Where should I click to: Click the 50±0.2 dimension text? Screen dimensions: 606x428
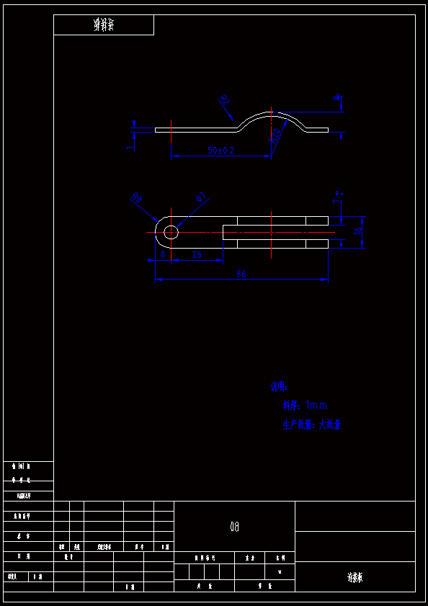click(221, 151)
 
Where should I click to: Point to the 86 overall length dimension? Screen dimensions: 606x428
click(241, 275)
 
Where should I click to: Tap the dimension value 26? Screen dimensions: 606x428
click(197, 254)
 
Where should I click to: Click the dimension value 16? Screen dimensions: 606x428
click(358, 231)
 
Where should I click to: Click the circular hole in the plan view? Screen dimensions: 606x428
click(171, 232)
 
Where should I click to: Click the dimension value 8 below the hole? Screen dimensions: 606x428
click(163, 254)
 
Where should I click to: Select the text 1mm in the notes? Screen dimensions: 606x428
click(316, 406)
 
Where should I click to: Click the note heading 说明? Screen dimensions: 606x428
click(279, 387)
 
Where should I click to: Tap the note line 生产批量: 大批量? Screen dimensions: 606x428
click(311, 425)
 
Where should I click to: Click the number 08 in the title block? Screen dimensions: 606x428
click(234, 527)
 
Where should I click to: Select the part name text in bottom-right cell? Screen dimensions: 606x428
click(355, 577)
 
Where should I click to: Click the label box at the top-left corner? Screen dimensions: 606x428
click(104, 25)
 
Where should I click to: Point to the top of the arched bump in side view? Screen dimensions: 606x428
click(272, 112)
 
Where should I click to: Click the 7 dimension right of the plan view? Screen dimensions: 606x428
click(337, 197)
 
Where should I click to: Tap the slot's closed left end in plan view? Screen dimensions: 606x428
click(223, 232)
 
